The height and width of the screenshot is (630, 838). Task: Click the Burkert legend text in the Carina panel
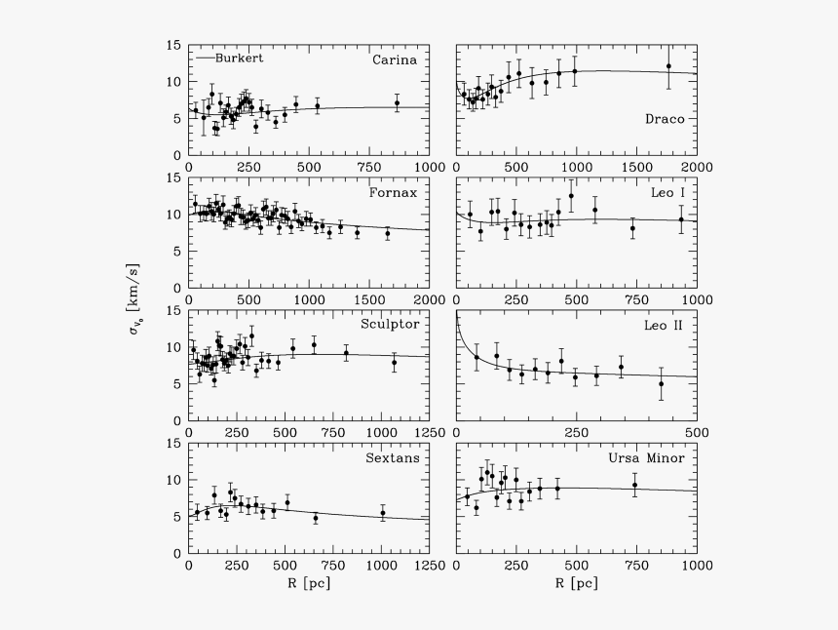click(240, 58)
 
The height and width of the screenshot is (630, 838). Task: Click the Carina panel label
click(395, 59)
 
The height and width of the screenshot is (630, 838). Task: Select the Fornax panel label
click(394, 192)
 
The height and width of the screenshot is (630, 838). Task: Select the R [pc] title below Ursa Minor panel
click(576, 583)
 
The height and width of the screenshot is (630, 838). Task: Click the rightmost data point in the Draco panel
click(668, 66)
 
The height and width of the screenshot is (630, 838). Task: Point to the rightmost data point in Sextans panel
click(383, 513)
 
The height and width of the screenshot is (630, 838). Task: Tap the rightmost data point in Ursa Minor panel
click(635, 485)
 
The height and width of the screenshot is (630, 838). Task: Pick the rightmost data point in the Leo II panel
click(662, 383)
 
